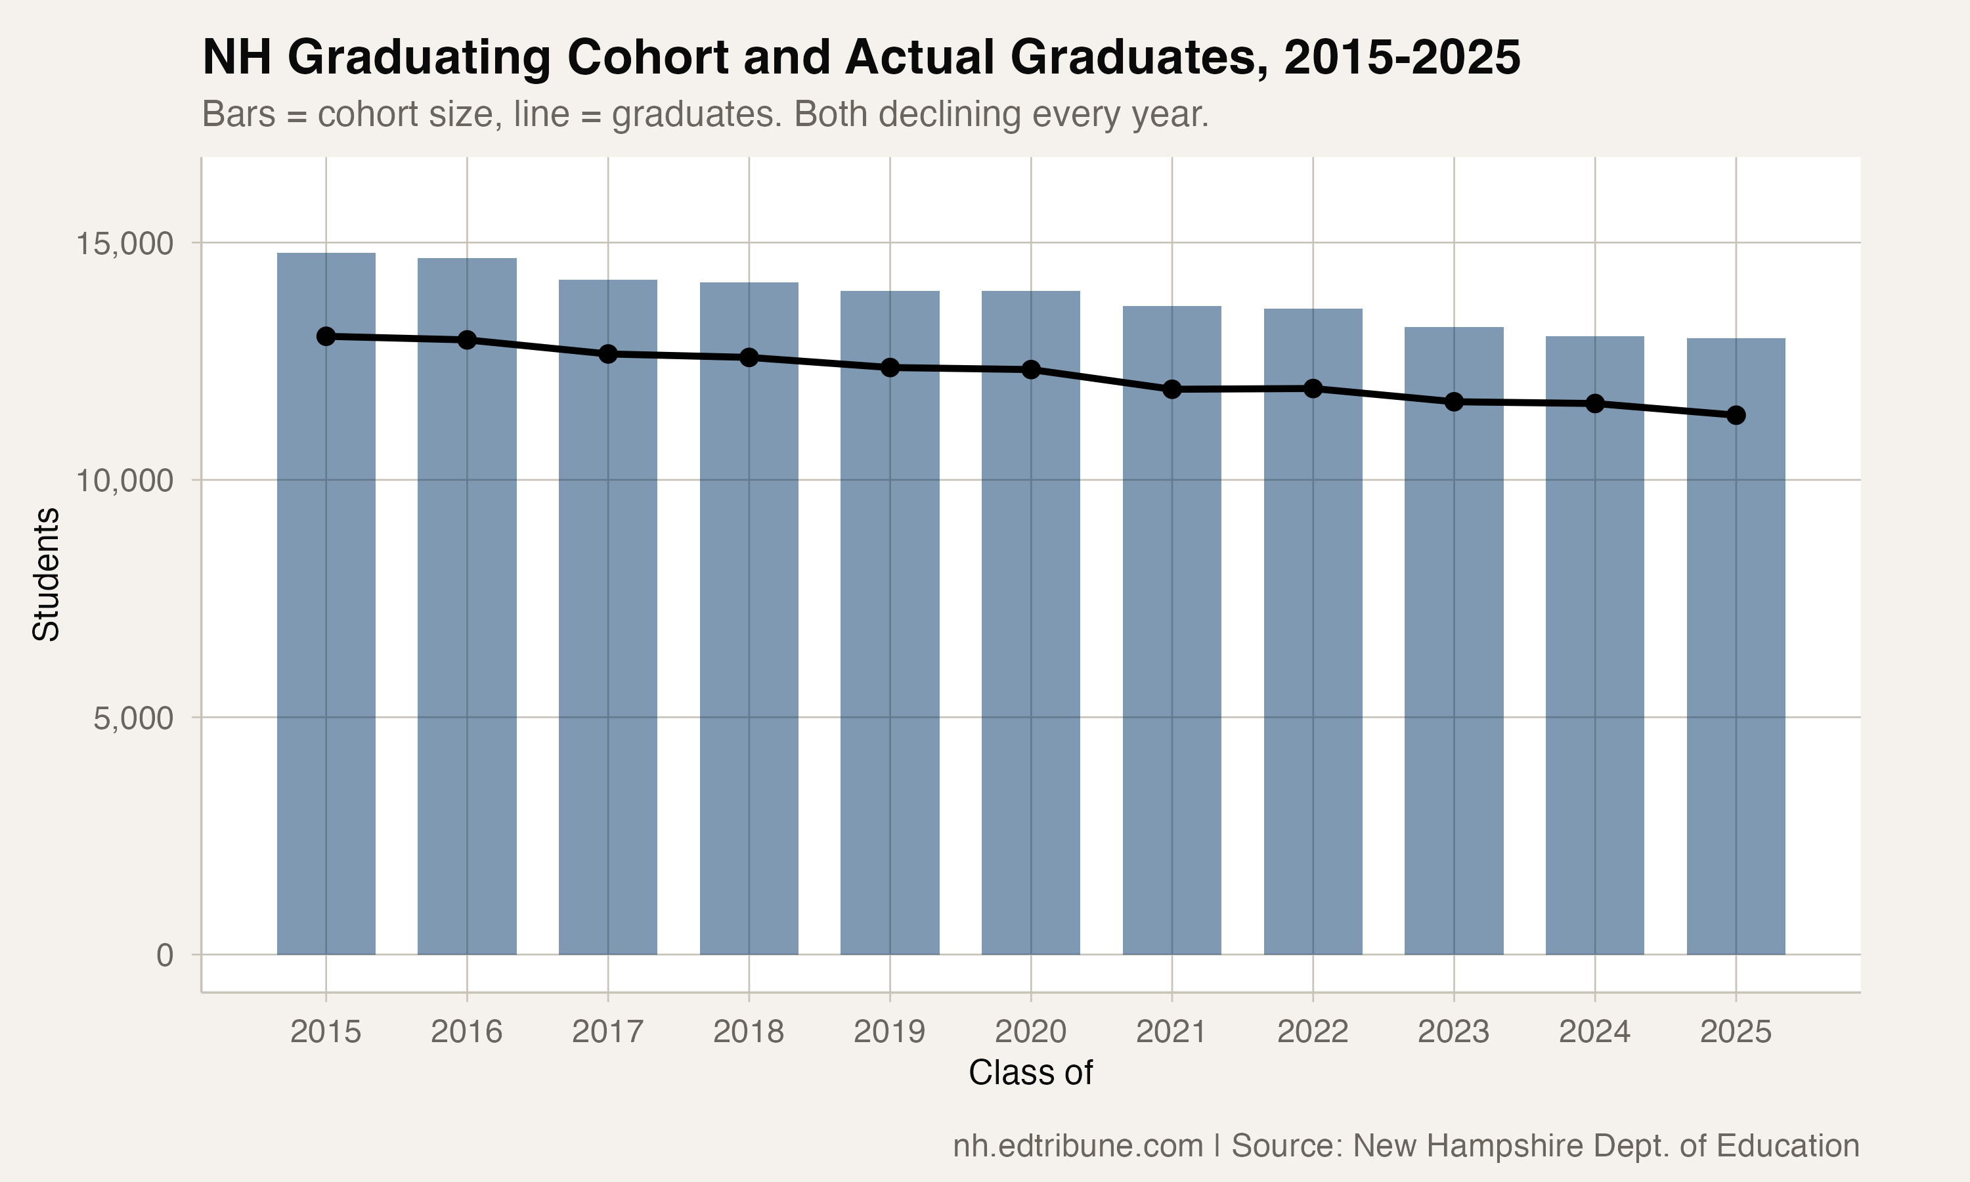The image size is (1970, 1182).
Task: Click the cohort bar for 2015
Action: (x=326, y=637)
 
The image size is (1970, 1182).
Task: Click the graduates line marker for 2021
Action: (x=1172, y=389)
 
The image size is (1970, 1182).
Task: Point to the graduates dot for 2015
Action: (x=326, y=336)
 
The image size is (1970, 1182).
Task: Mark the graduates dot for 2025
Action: (x=1736, y=415)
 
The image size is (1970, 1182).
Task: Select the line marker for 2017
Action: (x=608, y=354)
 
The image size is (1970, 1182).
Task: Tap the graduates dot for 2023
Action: (x=1454, y=403)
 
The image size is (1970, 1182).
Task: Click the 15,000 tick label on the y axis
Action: (x=124, y=244)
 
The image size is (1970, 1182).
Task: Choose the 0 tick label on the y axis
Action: (x=165, y=955)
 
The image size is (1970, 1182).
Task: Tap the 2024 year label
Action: (x=1594, y=1032)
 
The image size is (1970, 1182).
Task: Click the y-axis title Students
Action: (x=46, y=573)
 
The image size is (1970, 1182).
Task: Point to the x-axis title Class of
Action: (x=1030, y=1073)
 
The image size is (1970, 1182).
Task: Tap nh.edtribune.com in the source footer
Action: (x=1078, y=1146)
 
